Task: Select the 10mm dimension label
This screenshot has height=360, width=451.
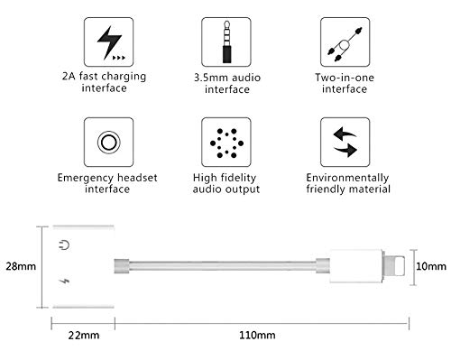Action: click(431, 268)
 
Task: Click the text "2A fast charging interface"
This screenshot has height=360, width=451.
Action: click(111, 82)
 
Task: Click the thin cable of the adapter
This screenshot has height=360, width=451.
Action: click(225, 267)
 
